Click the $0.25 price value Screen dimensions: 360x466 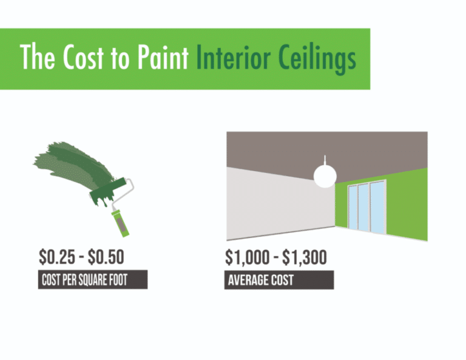tap(57, 257)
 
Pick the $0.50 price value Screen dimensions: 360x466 tap(106, 257)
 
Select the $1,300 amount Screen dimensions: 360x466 tap(304, 257)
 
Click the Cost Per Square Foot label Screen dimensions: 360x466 tap(92, 280)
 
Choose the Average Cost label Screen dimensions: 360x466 tap(260, 280)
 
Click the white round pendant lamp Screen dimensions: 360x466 tap(325, 175)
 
